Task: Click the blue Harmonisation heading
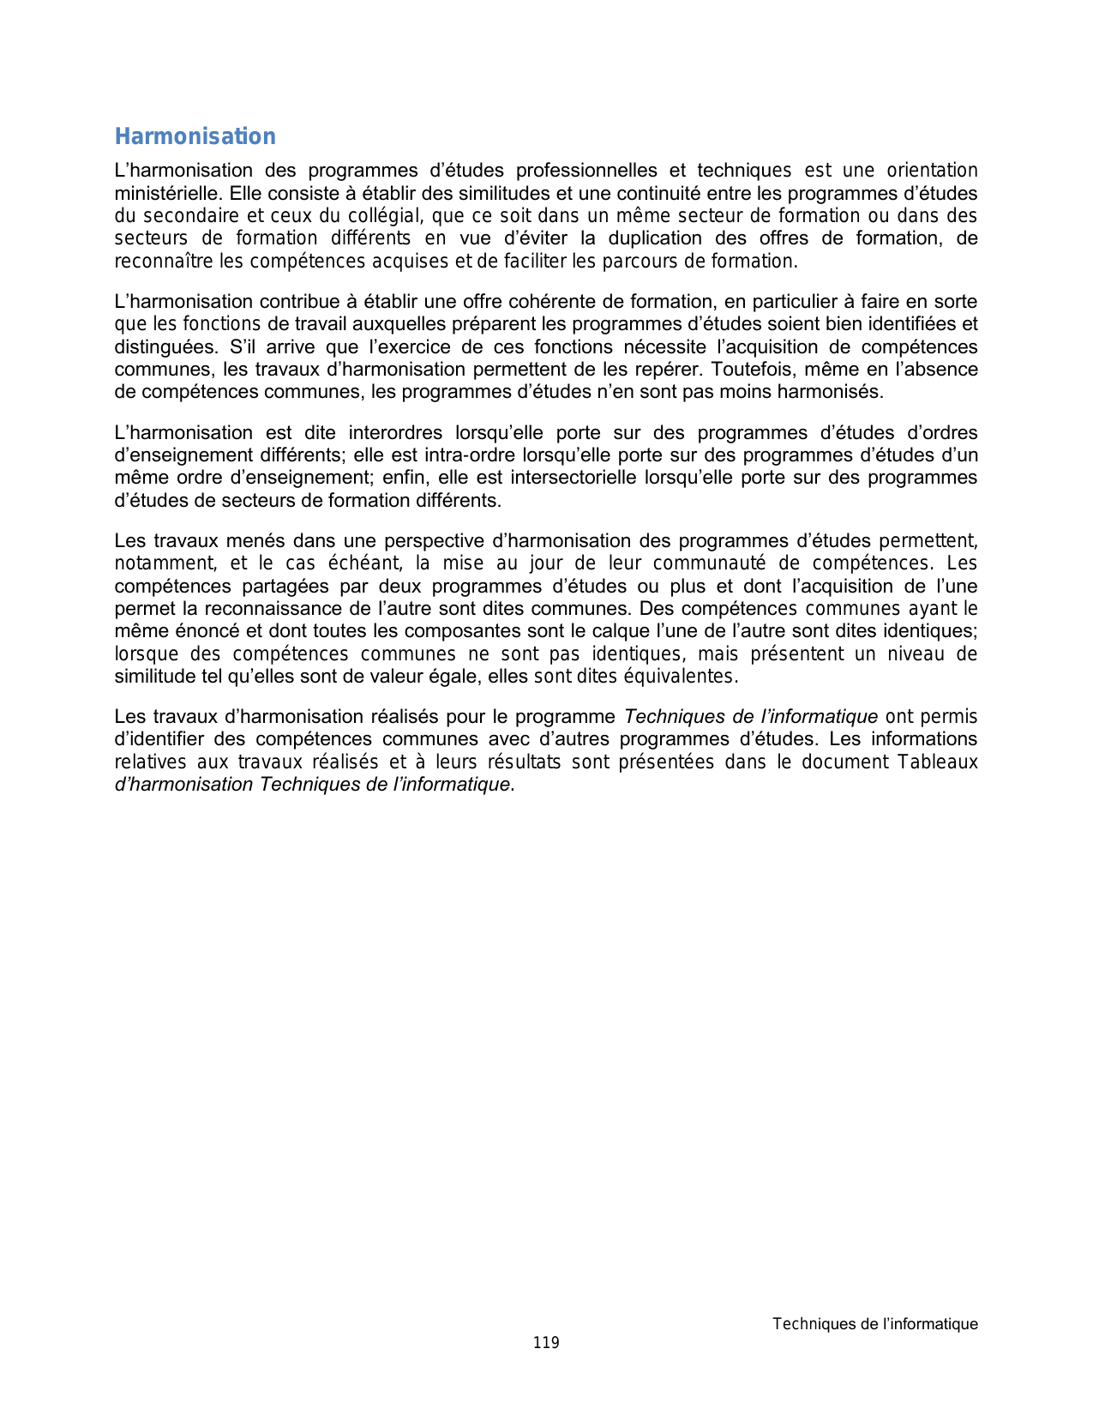point(195,136)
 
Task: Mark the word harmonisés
point(829,392)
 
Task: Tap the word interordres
point(395,433)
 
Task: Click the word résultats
point(524,762)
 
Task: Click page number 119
point(546,1343)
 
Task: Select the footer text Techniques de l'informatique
point(874,1324)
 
